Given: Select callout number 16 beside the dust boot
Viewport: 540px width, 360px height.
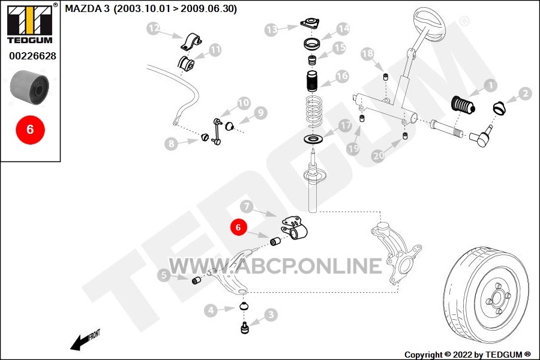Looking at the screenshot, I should (x=342, y=77).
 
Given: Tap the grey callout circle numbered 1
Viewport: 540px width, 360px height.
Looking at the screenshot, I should (x=490, y=86).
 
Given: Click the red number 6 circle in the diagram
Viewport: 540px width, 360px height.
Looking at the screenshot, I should (x=238, y=227).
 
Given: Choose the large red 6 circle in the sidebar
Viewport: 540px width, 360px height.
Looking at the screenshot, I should (x=30, y=129).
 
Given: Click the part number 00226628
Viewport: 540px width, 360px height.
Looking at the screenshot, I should (x=32, y=56).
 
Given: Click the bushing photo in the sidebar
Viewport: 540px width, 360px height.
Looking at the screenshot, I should (x=29, y=86).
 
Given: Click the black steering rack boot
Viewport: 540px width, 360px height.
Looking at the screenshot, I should (x=463, y=106).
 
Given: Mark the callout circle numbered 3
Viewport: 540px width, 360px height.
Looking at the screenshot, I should (x=271, y=314).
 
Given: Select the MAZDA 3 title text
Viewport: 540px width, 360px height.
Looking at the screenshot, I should (x=151, y=9).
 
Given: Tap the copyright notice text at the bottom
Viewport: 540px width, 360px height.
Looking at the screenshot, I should (x=467, y=355).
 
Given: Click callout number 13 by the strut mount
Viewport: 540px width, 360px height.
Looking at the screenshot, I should (x=272, y=29).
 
